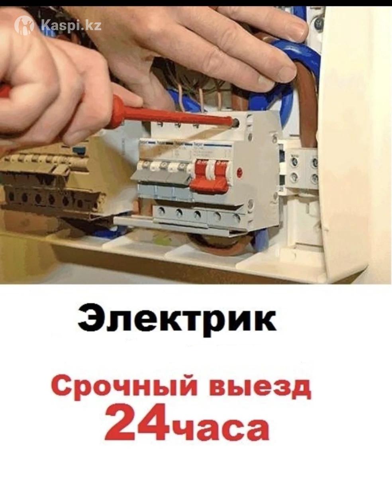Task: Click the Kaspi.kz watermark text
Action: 71,25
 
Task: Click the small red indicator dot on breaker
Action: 239,172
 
